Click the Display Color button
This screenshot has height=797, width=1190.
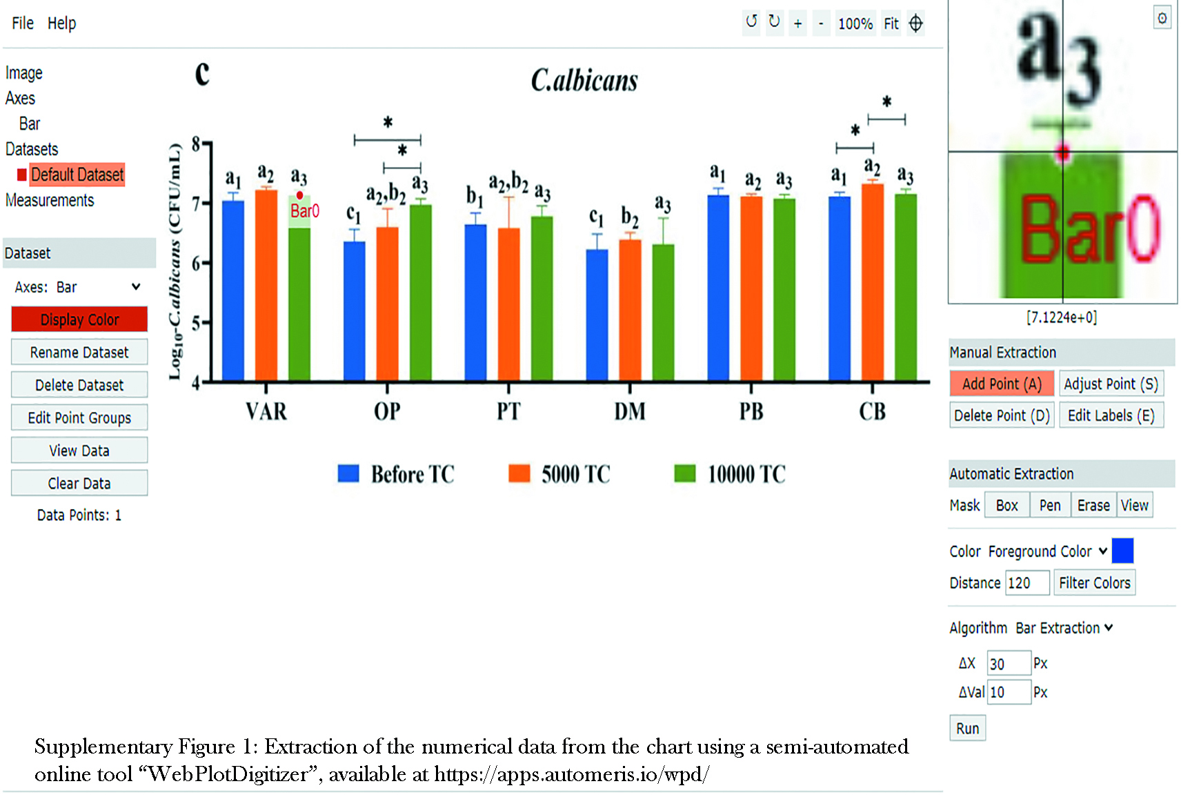[x=79, y=319]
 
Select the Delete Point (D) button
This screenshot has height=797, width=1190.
[x=1002, y=415]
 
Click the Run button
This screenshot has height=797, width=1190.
[x=967, y=728]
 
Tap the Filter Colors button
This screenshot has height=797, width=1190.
[x=1094, y=583]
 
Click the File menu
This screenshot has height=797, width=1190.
[x=23, y=23]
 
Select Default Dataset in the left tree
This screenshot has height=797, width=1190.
[x=77, y=175]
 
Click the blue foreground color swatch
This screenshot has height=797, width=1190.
[x=1122, y=551]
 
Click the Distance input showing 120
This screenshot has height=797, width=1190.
[x=1027, y=583]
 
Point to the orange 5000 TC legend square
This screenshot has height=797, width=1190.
[x=519, y=473]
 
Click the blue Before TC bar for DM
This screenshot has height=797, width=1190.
[x=597, y=315]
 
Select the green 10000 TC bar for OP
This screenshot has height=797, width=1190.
[x=421, y=293]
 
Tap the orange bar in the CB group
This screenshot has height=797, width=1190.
[x=873, y=282]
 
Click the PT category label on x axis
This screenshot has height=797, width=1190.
[x=508, y=411]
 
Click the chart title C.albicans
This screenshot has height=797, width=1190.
[x=584, y=81]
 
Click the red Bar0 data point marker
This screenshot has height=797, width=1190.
[x=299, y=195]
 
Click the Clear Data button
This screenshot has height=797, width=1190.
[x=79, y=483]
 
